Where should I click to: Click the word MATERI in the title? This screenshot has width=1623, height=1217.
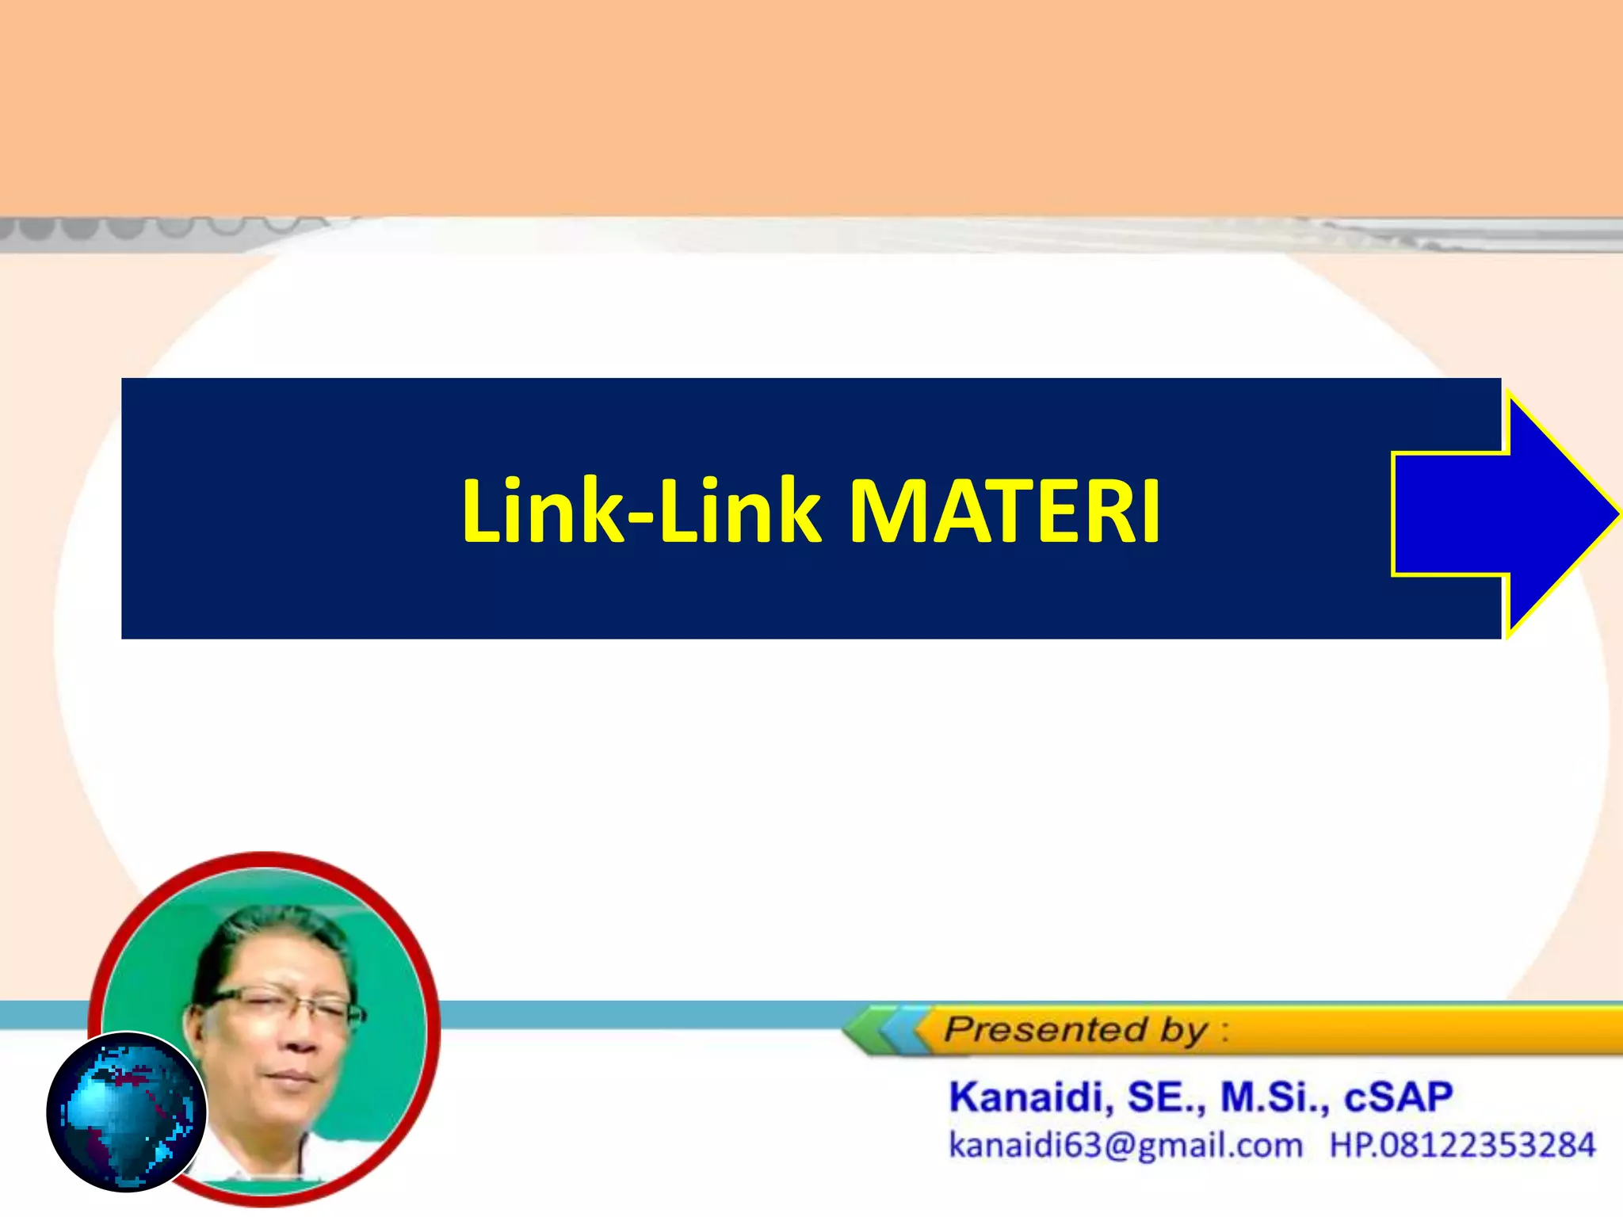(x=1004, y=512)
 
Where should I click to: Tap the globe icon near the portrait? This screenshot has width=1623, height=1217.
(x=127, y=1111)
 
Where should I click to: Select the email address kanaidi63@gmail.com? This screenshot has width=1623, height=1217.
(x=1125, y=1146)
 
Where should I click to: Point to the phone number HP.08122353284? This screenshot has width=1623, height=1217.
(x=1462, y=1146)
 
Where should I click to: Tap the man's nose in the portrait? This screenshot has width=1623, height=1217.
(x=297, y=1038)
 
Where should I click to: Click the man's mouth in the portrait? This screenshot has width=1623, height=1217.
(x=293, y=1075)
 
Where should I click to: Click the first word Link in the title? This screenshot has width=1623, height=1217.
(x=544, y=512)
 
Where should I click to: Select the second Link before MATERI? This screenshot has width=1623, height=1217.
(x=740, y=512)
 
